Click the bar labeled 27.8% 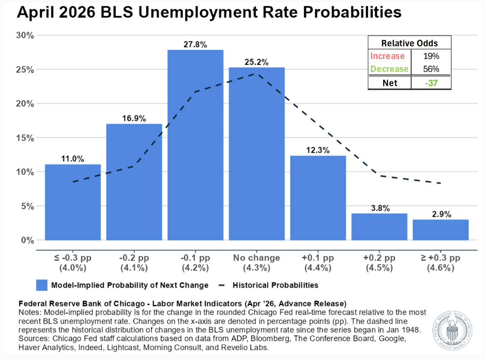[x=195, y=145]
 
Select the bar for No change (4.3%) [x=257, y=154]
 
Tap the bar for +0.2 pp [x=379, y=227]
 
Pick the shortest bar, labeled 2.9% [x=441, y=230]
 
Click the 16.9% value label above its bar [x=134, y=118]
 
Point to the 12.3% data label [x=318, y=150]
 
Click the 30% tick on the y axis [x=25, y=36]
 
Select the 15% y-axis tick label [x=25, y=138]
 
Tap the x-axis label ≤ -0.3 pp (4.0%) [x=73, y=263]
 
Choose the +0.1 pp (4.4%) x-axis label [x=318, y=263]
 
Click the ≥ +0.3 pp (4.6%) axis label [x=441, y=263]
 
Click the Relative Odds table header [x=410, y=43]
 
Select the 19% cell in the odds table [x=431, y=56]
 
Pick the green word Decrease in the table [x=389, y=69]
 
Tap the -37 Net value [x=431, y=83]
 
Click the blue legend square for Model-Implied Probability [x=42, y=285]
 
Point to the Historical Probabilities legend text [x=275, y=285]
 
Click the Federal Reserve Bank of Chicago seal [x=453, y=331]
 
